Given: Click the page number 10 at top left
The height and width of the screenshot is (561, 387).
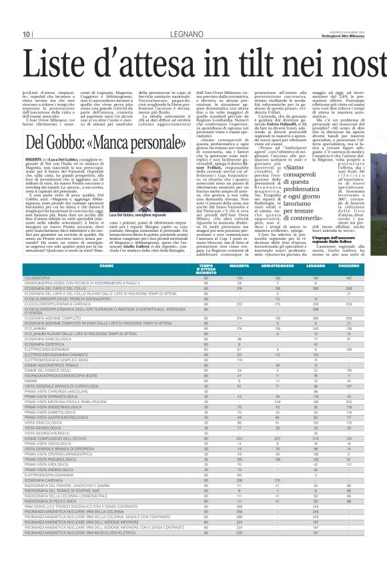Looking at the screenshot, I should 27,35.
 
